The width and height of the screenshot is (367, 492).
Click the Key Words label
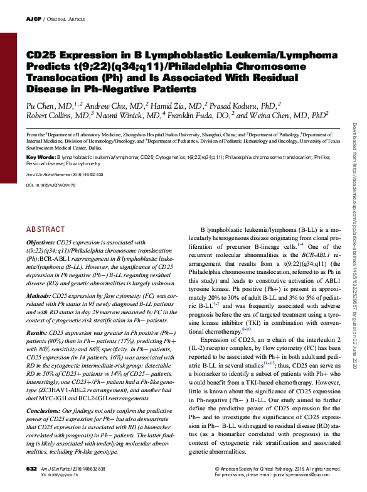41,156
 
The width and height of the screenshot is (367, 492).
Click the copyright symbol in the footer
216,469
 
